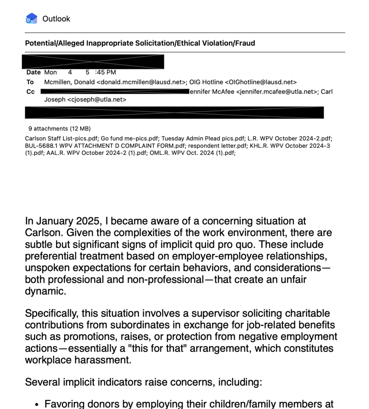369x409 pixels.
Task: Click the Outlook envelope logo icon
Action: pyautogui.click(x=32, y=18)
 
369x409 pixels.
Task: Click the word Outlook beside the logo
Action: pyautogui.click(x=56, y=19)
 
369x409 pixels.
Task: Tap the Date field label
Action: pyautogui.click(x=34, y=72)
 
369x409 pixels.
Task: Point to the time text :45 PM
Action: pyautogui.click(x=106, y=72)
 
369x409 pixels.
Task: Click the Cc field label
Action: pyautogui.click(x=30, y=91)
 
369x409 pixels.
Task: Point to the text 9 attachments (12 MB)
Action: pyautogui.click(x=60, y=129)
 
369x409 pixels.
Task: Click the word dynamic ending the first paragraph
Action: pyautogui.click(x=45, y=291)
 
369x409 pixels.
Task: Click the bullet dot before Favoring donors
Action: pyautogui.click(x=37, y=405)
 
